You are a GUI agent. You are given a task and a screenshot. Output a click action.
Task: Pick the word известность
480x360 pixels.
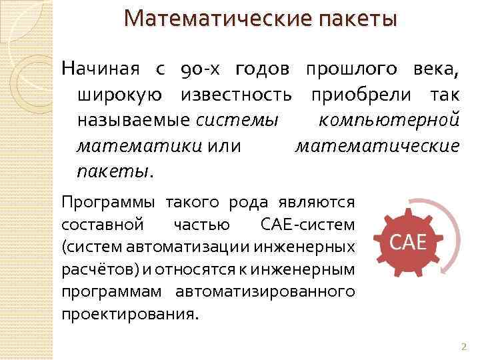pos(234,95)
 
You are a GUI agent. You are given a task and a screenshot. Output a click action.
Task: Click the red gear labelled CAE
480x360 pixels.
pos(407,242)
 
